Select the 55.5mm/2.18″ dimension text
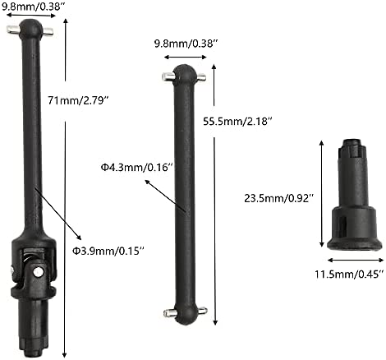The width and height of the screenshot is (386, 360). tap(238, 121)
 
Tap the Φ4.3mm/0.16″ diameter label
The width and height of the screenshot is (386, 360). tap(137, 167)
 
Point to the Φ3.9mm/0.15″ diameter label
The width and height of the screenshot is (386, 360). tap(108, 251)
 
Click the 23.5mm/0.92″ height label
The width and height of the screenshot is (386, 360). tap(279, 198)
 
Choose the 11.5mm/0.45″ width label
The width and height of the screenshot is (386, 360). tap(349, 274)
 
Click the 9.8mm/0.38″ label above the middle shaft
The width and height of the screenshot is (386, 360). tap(186, 44)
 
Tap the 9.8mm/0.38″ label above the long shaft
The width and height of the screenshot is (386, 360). tap(31, 6)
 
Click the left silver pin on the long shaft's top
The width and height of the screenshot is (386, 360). tap(13, 30)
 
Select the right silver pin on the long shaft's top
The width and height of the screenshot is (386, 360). tap(48, 31)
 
